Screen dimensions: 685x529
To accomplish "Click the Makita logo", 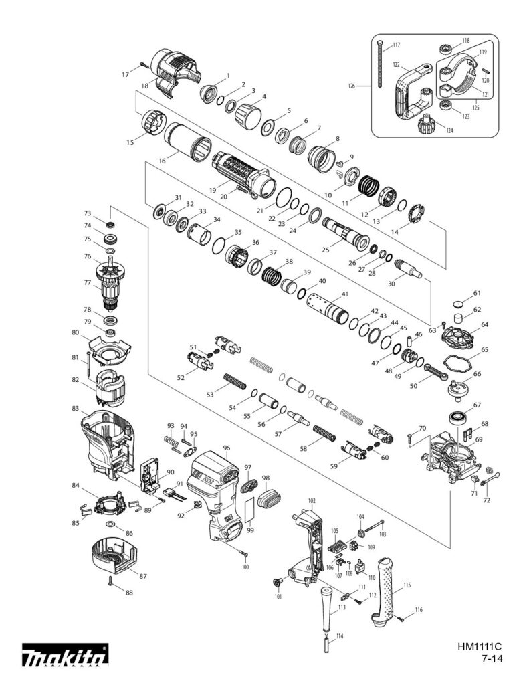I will tap(65, 658).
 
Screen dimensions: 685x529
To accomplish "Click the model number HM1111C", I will tap(480, 647).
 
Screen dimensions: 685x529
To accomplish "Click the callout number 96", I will tap(226, 448).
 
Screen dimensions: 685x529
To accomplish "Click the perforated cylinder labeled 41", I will tap(326, 308).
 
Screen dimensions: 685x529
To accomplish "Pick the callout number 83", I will tap(75, 407).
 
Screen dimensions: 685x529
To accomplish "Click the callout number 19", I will tap(212, 189).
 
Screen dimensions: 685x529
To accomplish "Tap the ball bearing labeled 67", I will tap(459, 417).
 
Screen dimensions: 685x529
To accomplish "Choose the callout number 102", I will tap(312, 500).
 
